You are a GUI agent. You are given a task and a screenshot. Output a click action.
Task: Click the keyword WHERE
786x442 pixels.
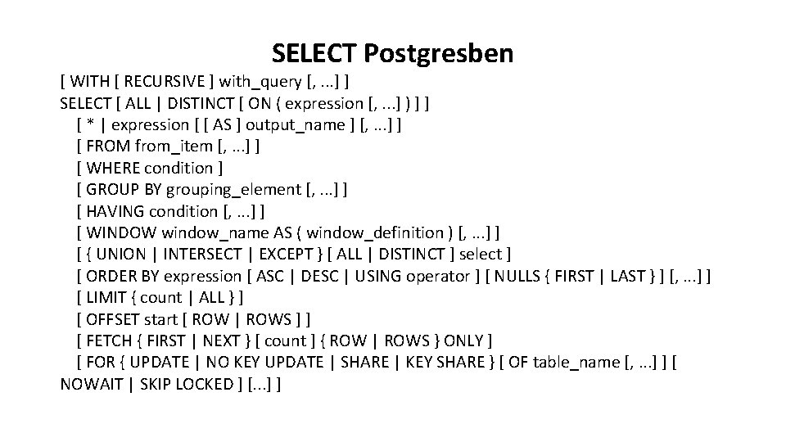click(x=114, y=168)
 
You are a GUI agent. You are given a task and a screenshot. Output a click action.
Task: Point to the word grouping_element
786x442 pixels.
click(x=233, y=189)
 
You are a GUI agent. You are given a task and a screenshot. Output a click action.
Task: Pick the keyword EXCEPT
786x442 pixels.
click(x=297, y=254)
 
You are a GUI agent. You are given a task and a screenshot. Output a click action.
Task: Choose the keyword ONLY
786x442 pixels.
click(x=468, y=341)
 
